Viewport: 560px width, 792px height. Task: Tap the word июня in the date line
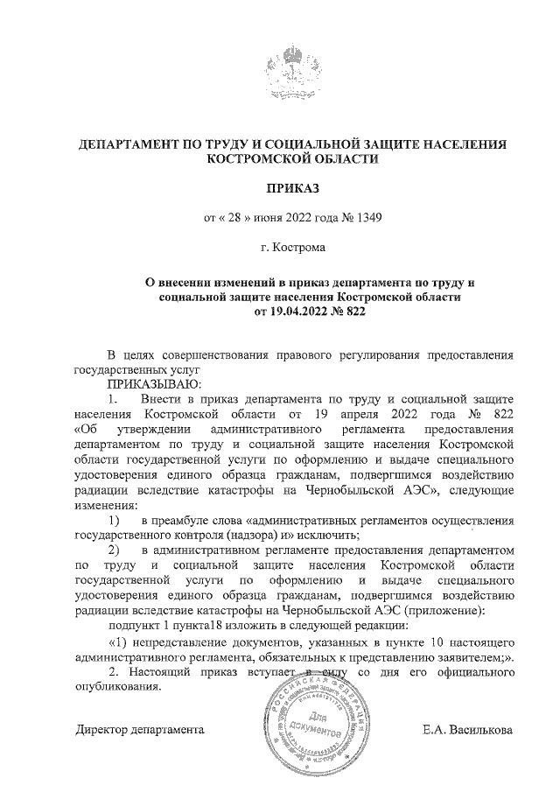(261, 217)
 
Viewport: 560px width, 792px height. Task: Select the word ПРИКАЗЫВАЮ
(153, 383)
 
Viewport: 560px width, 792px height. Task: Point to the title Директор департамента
(140, 729)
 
